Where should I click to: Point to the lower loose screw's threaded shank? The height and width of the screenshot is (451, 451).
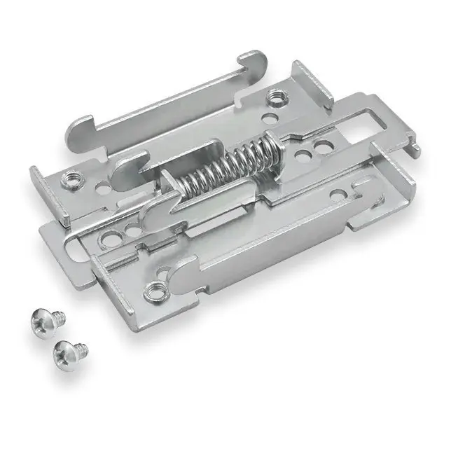[x=82, y=347]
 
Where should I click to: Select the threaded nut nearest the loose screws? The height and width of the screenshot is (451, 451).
[x=152, y=288]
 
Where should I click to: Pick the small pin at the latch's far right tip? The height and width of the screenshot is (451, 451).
[x=418, y=148]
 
